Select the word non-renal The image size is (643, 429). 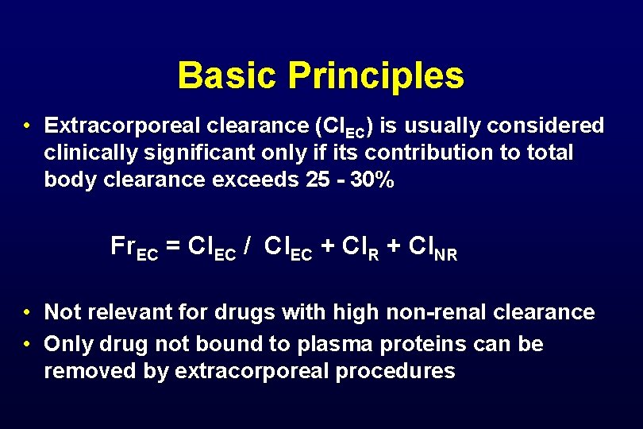point(438,312)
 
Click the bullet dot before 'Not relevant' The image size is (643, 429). point(27,312)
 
